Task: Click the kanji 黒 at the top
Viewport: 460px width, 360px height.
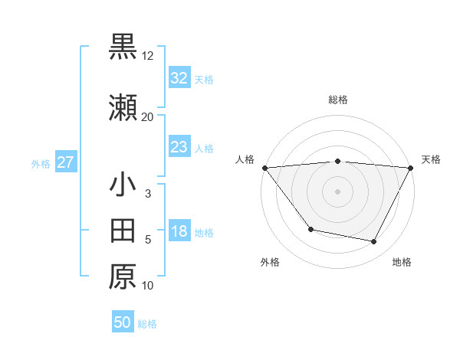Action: (x=123, y=47)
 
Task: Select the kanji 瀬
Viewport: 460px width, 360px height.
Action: (x=123, y=110)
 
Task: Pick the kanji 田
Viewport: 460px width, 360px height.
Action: (x=123, y=230)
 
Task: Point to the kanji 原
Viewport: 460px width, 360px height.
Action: (x=123, y=277)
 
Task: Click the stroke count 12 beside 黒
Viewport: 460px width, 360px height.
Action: (x=148, y=57)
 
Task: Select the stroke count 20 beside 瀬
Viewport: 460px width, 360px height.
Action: (x=147, y=117)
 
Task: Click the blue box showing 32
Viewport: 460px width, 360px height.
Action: (x=179, y=79)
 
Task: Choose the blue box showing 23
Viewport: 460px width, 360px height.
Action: (x=179, y=147)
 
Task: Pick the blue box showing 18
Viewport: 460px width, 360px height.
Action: (x=179, y=232)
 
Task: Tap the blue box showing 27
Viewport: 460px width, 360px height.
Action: (x=65, y=162)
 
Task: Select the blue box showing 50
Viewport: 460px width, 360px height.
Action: (x=123, y=322)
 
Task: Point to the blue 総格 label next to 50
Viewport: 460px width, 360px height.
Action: (x=147, y=324)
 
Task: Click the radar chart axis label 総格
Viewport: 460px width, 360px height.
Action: (x=337, y=100)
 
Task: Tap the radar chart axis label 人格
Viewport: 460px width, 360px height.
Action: (x=245, y=159)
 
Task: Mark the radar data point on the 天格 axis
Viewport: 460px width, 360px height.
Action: (x=411, y=168)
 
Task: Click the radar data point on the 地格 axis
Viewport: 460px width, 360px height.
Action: (x=374, y=242)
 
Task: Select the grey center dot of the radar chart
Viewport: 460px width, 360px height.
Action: (x=337, y=191)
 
